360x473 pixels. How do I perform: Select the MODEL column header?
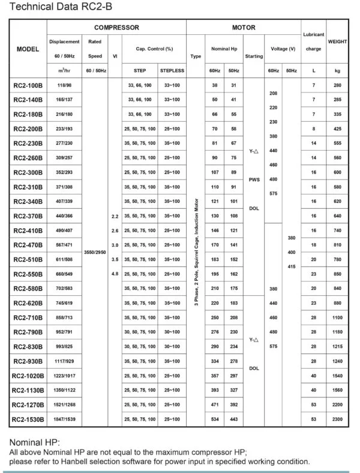[x=28, y=49]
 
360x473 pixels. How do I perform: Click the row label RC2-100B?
[x=28, y=85]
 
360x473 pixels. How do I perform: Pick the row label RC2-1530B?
[x=28, y=418]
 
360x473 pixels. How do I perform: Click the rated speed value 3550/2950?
[x=95, y=253]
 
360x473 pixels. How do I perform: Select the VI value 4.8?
[x=115, y=274]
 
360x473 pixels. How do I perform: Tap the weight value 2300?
[x=337, y=418]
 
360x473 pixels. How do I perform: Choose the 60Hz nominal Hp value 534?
[x=215, y=418]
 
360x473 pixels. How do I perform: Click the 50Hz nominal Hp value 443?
[x=233, y=418]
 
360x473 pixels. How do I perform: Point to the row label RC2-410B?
[x=28, y=230]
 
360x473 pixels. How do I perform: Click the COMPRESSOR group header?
[x=116, y=28]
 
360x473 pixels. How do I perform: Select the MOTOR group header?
[x=244, y=28]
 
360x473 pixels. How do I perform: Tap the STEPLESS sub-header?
[x=172, y=71]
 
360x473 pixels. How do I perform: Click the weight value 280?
[x=337, y=85]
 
